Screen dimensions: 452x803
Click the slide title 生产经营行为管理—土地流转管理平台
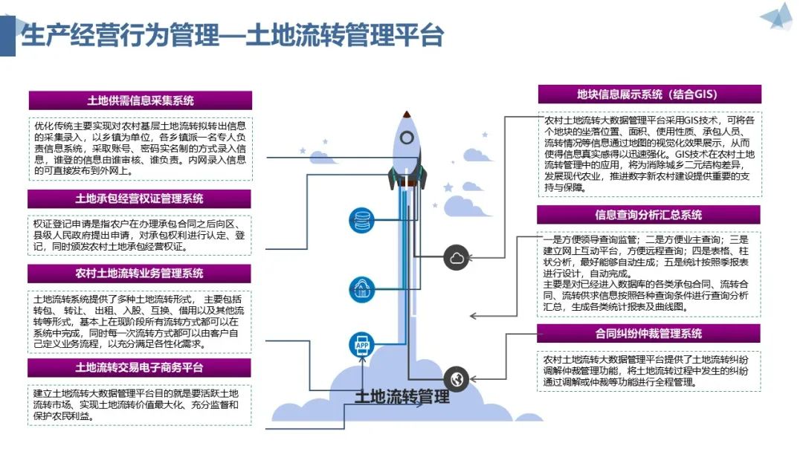(232, 35)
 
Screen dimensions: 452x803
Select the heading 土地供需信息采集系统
(141, 100)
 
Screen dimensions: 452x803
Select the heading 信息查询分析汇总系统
(648, 215)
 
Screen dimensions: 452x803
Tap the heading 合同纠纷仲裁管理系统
(648, 333)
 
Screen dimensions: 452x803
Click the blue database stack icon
(362, 219)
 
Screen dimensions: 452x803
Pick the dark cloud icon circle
(456, 258)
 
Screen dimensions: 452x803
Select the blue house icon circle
(362, 285)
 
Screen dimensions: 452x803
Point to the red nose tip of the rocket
(407, 116)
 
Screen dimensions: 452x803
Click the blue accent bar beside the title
(7, 36)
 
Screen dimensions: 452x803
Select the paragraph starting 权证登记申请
(140, 234)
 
